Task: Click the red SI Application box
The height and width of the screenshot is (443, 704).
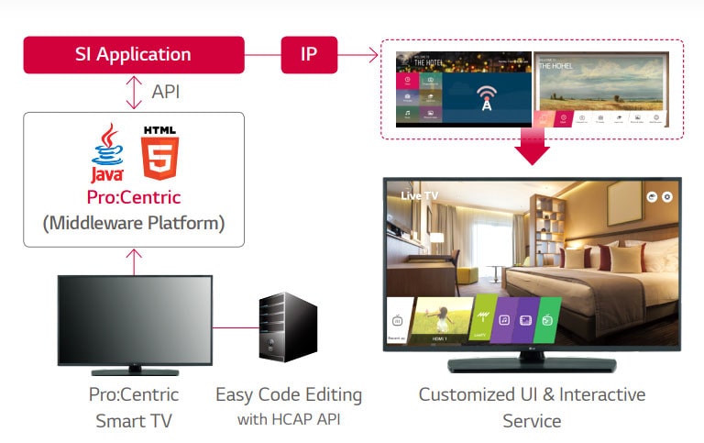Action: (134, 55)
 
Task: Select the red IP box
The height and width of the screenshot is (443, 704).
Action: (309, 55)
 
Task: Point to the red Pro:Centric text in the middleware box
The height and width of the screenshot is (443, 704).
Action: (134, 197)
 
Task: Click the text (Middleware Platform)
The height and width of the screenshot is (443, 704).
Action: (134, 223)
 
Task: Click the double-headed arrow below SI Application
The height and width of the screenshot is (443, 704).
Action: (134, 93)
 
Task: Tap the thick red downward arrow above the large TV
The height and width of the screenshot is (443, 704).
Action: (532, 148)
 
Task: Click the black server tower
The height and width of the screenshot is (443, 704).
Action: (286, 329)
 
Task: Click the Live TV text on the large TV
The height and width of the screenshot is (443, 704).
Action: (421, 196)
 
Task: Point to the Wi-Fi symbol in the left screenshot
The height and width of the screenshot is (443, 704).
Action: (487, 94)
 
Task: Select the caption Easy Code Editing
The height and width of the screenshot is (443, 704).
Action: (289, 395)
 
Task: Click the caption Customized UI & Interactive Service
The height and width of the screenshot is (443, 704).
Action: (532, 407)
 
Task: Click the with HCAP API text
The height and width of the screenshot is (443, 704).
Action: (289, 420)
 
